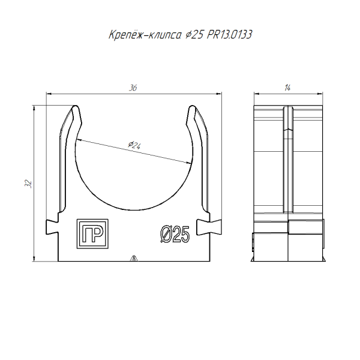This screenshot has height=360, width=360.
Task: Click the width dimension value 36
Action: pos(133,88)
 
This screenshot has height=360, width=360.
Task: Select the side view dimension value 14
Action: pos(288,88)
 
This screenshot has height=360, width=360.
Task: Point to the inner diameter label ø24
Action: pos(134,145)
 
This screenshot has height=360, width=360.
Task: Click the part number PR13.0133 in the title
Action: pos(229,35)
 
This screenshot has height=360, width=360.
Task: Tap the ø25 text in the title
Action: pos(194,35)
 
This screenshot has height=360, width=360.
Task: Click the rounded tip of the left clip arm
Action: pos(75,110)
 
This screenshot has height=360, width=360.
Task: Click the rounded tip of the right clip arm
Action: pos(193,110)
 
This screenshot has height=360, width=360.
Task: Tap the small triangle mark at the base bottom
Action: pos(133,259)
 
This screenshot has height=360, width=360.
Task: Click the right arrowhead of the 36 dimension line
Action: pos(217,94)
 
